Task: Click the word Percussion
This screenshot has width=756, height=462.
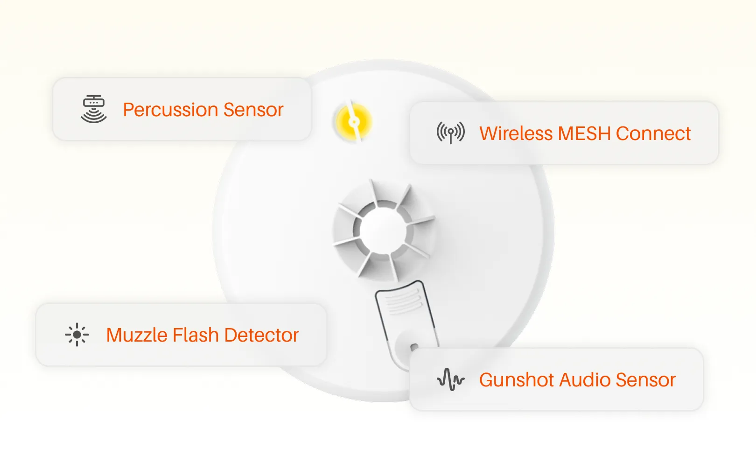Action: click(x=170, y=110)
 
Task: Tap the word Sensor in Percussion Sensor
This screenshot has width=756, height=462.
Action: click(x=253, y=110)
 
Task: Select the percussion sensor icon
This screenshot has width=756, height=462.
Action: click(x=94, y=109)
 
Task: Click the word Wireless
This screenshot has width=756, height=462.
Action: click(x=516, y=134)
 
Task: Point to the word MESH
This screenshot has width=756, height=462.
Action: click(x=584, y=134)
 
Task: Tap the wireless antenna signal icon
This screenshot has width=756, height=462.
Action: click(x=450, y=133)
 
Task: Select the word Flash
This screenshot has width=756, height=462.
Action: click(x=196, y=336)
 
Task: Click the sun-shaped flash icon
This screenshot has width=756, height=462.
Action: click(x=77, y=335)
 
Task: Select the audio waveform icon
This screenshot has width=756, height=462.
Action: click(x=450, y=379)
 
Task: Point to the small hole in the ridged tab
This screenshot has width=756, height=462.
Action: click(x=413, y=347)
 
